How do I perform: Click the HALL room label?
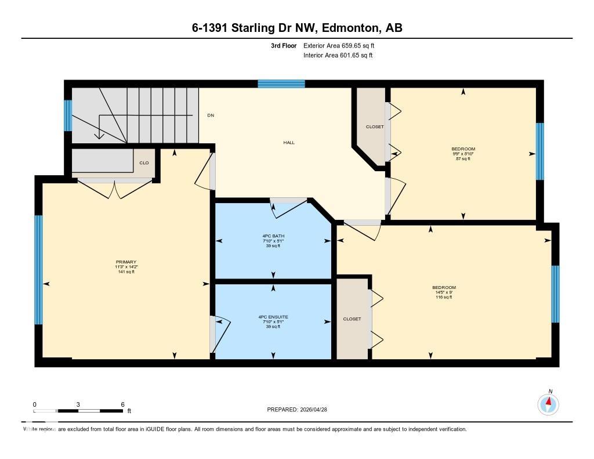pyautogui.click(x=289, y=142)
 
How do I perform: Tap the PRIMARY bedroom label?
pyautogui.click(x=126, y=262)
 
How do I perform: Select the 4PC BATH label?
pyautogui.click(x=273, y=236)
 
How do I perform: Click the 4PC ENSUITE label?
pyautogui.click(x=273, y=317)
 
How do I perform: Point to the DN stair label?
pyautogui.click(x=211, y=115)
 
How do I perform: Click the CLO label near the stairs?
pyautogui.click(x=144, y=163)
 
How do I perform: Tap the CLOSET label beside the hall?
pyautogui.click(x=374, y=127)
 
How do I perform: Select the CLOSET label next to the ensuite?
pyautogui.click(x=352, y=319)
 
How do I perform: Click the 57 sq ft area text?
pyautogui.click(x=463, y=158)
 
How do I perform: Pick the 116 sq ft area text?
pyautogui.click(x=444, y=297)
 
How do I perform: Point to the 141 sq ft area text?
pyautogui.click(x=126, y=272)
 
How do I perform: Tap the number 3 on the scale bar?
pyautogui.click(x=78, y=404)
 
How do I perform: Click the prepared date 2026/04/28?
pyautogui.click(x=317, y=410)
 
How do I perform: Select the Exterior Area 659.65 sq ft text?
pyautogui.click(x=343, y=45)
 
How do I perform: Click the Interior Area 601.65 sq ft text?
pyautogui.click(x=338, y=56)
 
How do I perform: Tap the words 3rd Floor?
pyautogui.click(x=283, y=45)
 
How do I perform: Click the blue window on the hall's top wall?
pyautogui.click(x=281, y=84)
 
